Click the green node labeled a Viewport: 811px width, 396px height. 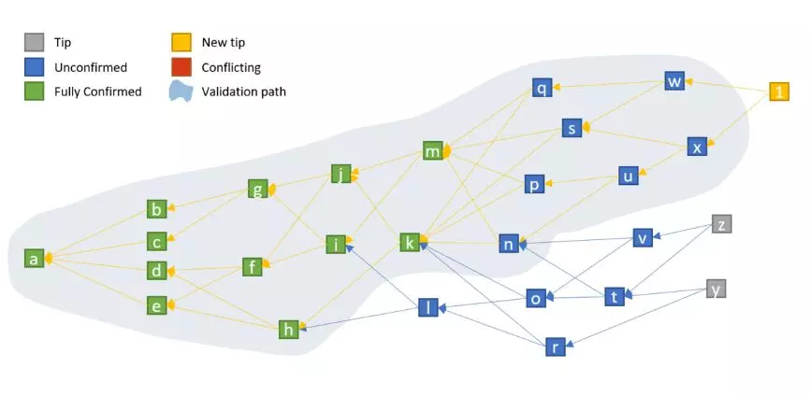(34, 258)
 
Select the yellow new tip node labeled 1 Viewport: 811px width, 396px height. (779, 92)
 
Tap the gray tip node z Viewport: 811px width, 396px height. (721, 224)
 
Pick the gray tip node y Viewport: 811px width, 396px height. (716, 289)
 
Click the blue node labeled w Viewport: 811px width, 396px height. (673, 81)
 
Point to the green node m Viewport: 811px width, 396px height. (432, 150)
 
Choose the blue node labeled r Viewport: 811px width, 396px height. (555, 346)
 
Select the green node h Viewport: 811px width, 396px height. (289, 330)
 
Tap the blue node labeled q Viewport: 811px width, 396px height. (542, 88)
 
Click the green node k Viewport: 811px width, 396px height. (410, 242)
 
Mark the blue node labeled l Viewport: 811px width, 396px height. (428, 307)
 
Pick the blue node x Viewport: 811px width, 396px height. (697, 147)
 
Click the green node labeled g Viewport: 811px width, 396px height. (257, 189)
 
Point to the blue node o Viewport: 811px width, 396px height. (536, 298)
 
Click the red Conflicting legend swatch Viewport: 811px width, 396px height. (181, 67)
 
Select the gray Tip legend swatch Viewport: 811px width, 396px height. (34, 42)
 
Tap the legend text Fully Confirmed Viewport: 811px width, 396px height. (98, 92)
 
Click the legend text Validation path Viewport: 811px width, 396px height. (243, 92)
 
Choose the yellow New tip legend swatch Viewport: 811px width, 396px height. (181, 42)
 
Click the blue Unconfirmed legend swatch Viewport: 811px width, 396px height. (34, 67)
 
